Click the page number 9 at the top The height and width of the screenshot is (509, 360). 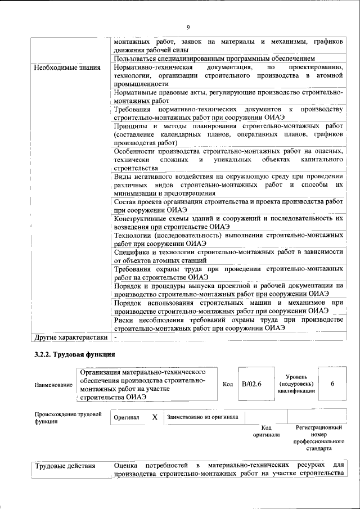188,27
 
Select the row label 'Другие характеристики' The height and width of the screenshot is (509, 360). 70,337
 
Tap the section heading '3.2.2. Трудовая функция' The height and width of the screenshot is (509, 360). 75,355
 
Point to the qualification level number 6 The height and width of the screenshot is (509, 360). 332,384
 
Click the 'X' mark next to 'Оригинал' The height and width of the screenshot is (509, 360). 154,417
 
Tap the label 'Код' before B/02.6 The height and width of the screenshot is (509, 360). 228,384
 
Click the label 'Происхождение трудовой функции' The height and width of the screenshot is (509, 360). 67,417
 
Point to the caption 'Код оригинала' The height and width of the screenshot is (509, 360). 266,431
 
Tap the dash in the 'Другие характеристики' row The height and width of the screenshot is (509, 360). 115,337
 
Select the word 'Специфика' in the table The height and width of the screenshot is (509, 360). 132,251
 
